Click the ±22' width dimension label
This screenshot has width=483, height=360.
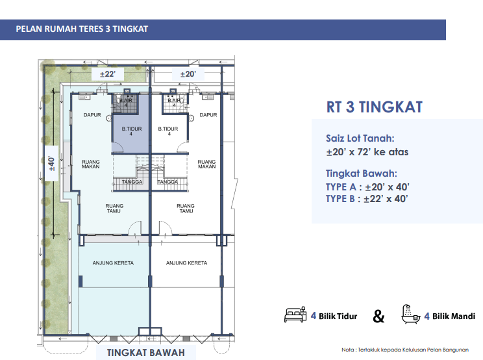pyautogui.click(x=108, y=74)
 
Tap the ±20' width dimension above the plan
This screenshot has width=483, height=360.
pyautogui.click(x=188, y=74)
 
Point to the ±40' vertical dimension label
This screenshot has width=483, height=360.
pyautogui.click(x=51, y=163)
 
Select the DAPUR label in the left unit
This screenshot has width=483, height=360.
pyautogui.click(x=92, y=115)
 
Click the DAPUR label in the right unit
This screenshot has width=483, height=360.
pyautogui.click(x=208, y=115)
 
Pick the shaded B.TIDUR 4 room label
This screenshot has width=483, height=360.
pyautogui.click(x=132, y=131)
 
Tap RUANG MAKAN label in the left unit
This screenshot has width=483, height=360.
pyautogui.click(x=91, y=164)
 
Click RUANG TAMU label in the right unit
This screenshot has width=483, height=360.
pyautogui.click(x=186, y=209)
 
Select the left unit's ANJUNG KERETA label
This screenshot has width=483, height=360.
pyautogui.click(x=113, y=263)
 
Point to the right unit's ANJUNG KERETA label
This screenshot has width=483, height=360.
pyautogui.click(x=187, y=263)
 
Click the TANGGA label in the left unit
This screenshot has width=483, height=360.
pyautogui.click(x=132, y=182)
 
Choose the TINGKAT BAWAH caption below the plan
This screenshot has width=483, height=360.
pyautogui.click(x=145, y=353)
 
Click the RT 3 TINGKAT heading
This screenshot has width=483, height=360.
pyautogui.click(x=375, y=107)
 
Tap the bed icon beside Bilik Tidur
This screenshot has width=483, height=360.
pyautogui.click(x=295, y=315)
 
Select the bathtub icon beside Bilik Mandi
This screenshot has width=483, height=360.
pyautogui.click(x=411, y=315)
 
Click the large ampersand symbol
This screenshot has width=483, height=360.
pyautogui.click(x=378, y=316)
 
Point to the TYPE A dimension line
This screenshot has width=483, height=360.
pyautogui.click(x=367, y=187)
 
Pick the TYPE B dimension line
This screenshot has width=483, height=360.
pyautogui.click(x=367, y=199)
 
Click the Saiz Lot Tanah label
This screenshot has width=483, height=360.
pyautogui.click(x=360, y=138)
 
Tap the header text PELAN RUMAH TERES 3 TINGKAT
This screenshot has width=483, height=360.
pyautogui.click(x=82, y=29)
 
